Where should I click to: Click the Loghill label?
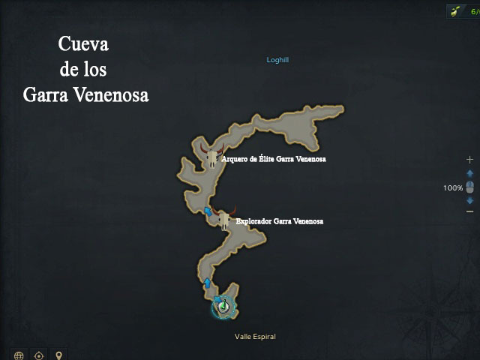pyautogui.click(x=277, y=60)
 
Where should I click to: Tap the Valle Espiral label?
pyautogui.click(x=255, y=337)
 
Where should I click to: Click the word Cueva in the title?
pyautogui.click(x=83, y=44)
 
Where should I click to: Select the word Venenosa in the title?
pyautogui.click(x=116, y=96)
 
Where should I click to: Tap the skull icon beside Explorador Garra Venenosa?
pyautogui.click(x=223, y=218)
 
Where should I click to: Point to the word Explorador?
pyautogui.click(x=254, y=222)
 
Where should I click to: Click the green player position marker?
pyautogui.click(x=223, y=306)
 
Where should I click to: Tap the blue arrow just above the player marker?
pyautogui.click(x=207, y=283)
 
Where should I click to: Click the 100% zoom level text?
pyautogui.click(x=452, y=188)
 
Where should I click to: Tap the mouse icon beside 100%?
pyautogui.click(x=469, y=187)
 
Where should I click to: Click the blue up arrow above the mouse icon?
pyautogui.click(x=469, y=174)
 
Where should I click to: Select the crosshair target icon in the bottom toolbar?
pyautogui.click(x=39, y=355)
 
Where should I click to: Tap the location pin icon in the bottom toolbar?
pyautogui.click(x=58, y=355)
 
